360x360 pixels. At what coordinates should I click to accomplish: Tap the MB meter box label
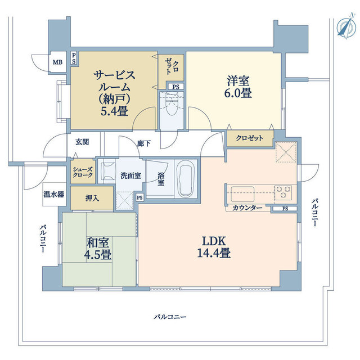[x=57, y=61]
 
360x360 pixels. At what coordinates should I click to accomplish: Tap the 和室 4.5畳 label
[x=98, y=249]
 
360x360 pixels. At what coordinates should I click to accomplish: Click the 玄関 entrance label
[x=82, y=142]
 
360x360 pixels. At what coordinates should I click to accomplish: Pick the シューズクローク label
[x=83, y=171]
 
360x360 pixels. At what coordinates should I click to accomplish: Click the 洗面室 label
[x=130, y=175]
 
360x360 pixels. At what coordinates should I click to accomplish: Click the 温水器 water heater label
[x=53, y=195]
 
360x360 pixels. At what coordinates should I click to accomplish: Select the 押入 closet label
[x=93, y=198]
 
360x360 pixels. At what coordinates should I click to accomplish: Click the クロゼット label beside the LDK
[x=249, y=138]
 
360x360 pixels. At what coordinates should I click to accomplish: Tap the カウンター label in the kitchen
[x=247, y=208]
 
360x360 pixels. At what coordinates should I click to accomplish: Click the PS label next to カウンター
[x=285, y=209]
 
